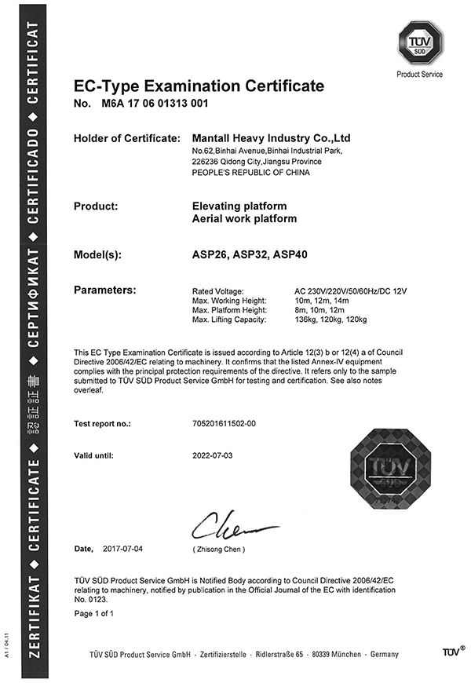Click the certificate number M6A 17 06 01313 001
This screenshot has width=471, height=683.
(x=155, y=103)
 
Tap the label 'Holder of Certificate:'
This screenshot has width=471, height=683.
(x=127, y=138)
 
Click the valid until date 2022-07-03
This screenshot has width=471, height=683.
(x=213, y=455)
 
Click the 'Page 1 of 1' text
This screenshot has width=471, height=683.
(x=93, y=613)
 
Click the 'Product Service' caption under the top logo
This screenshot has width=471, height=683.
(x=419, y=75)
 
